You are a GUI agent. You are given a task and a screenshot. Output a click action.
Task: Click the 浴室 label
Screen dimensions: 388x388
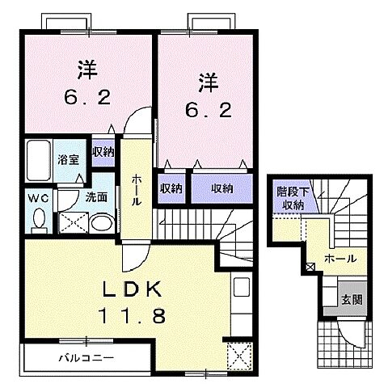[67, 159]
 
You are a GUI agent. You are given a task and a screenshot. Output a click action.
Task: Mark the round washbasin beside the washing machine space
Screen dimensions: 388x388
[101, 221]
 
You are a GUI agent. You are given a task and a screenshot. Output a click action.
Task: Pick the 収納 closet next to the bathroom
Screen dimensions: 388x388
[102, 151]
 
